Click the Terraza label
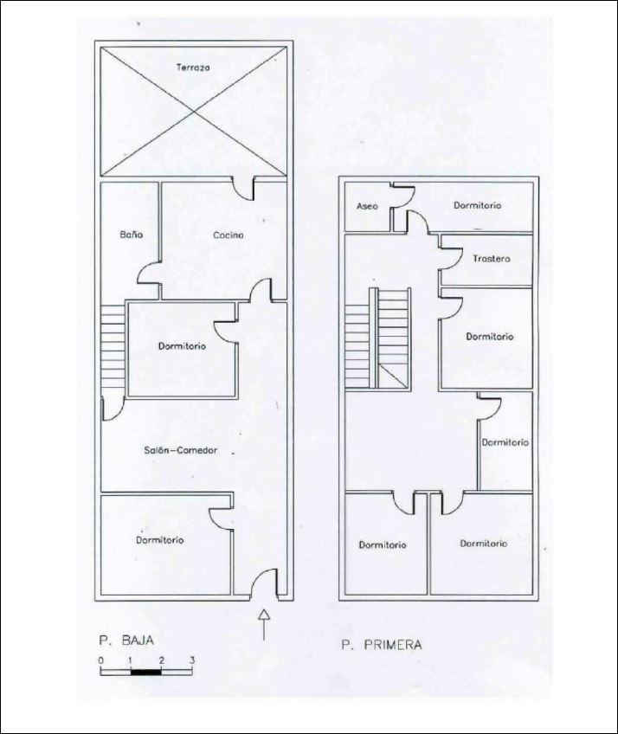point(193,68)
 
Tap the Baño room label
point(131,235)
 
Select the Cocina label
point(229,235)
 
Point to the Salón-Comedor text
point(180,450)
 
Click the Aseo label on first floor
point(367,206)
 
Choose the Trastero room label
point(491,259)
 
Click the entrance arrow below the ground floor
point(264,624)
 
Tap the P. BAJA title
point(126,641)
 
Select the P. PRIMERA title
point(381,645)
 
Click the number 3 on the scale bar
point(191,661)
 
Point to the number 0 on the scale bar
point(101,661)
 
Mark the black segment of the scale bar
point(146,672)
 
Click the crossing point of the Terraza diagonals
point(193,112)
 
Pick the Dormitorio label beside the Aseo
point(477,205)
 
